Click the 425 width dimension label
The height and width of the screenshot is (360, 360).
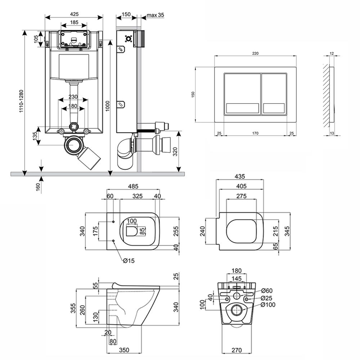(x=74, y=14)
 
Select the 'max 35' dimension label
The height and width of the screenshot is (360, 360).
(x=155, y=15)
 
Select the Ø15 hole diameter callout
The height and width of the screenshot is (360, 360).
(x=128, y=261)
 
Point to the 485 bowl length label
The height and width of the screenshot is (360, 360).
(x=133, y=186)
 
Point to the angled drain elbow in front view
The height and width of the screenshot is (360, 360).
(x=90, y=158)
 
